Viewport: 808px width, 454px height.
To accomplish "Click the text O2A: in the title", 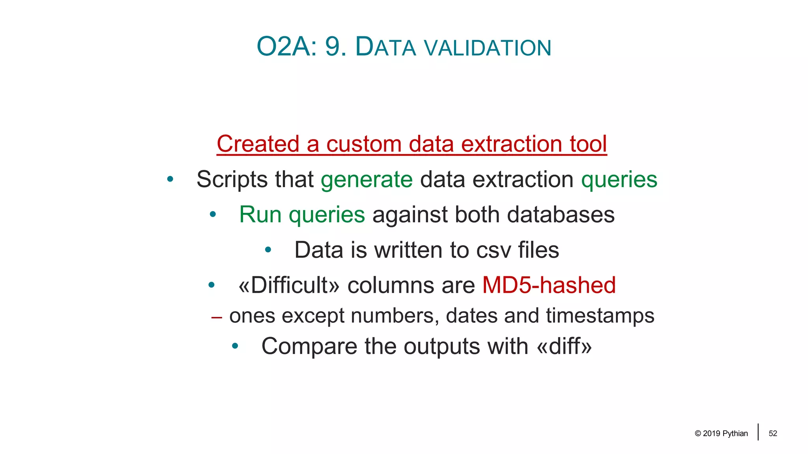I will [286, 47].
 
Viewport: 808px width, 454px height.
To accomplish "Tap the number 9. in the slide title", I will [335, 47].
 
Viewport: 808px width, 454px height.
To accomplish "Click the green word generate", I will [367, 180].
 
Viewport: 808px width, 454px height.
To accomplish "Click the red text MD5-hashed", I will [549, 285].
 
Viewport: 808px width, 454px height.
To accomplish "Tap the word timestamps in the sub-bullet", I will [600, 316].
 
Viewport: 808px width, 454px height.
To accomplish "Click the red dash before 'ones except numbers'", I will [217, 317].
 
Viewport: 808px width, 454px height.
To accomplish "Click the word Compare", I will [309, 347].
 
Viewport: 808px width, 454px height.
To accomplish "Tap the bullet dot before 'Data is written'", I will [268, 250].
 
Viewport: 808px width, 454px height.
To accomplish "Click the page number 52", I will [772, 434].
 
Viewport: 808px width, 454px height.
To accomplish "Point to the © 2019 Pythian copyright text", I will [721, 434].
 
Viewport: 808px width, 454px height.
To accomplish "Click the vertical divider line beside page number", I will [758, 432].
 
